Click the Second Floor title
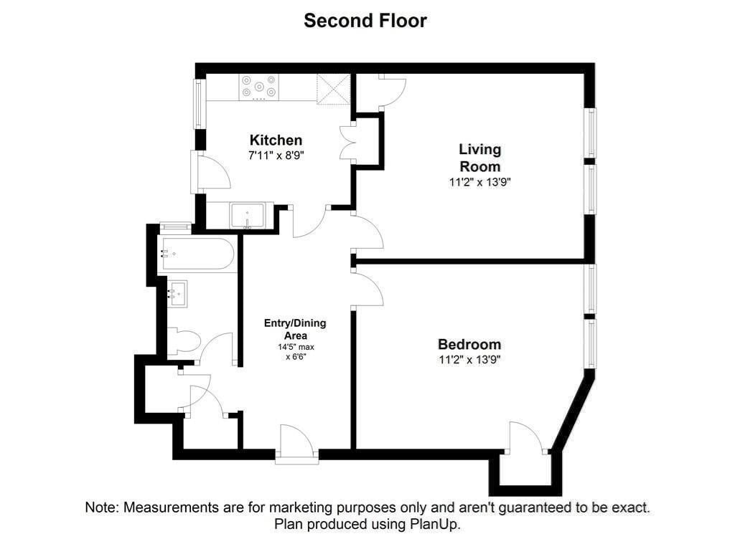tap(365, 21)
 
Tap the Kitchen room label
tap(276, 140)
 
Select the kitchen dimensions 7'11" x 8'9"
tap(276, 154)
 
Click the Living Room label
tap(480, 158)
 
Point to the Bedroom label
tap(469, 344)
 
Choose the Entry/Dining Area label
tap(295, 329)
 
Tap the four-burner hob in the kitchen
tap(259, 87)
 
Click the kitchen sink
tap(247, 214)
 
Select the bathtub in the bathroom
tap(196, 254)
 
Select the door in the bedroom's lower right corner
tap(528, 439)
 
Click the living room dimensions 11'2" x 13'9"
tap(480, 182)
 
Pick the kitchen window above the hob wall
tap(199, 103)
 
